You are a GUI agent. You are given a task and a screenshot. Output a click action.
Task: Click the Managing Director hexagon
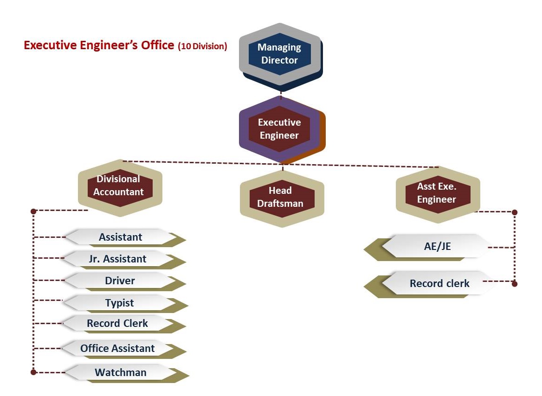tap(279, 54)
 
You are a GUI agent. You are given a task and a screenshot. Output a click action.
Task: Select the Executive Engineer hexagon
tap(279, 129)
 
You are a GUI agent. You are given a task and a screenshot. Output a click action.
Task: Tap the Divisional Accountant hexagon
tap(119, 185)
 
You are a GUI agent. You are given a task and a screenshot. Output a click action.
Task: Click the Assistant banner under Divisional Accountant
tap(121, 237)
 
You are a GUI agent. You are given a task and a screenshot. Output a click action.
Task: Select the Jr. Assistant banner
tap(118, 259)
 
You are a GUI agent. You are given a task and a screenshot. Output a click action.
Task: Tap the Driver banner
tap(120, 281)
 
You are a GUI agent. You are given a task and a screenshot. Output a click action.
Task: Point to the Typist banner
tap(119, 303)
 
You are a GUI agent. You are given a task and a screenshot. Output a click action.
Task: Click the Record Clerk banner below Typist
tap(117, 323)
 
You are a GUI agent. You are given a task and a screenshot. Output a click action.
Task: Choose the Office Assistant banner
tap(117, 348)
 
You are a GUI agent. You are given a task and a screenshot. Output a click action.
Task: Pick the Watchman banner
tap(121, 372)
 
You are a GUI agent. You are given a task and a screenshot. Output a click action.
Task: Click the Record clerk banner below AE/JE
tap(439, 283)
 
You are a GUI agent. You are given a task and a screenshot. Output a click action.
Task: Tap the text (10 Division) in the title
tap(202, 46)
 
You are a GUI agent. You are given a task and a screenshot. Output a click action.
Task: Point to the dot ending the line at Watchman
tap(33, 372)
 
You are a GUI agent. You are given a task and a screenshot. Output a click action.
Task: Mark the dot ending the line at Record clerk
tap(514, 283)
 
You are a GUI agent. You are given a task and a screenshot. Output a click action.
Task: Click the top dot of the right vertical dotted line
tap(514, 212)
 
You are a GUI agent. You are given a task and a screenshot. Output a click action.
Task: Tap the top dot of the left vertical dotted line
tap(33, 211)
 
